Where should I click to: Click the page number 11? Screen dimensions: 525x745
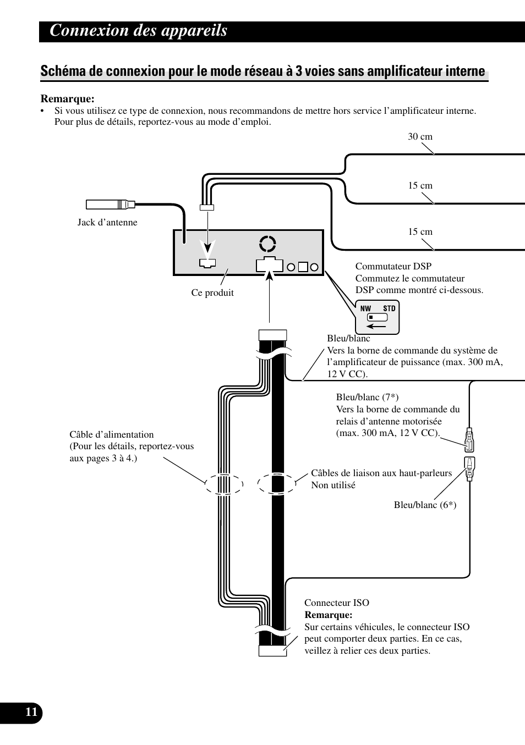point(31,713)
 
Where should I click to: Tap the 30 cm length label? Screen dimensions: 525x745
point(420,137)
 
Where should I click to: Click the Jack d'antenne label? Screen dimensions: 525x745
point(107,222)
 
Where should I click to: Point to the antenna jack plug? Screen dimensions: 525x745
point(111,204)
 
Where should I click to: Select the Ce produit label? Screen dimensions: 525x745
point(212,293)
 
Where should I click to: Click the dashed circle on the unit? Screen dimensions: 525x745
point(260,244)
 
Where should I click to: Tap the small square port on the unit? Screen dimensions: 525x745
point(303,267)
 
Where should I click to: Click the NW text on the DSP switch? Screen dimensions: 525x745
point(365,308)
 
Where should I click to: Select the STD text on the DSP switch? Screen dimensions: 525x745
point(389,308)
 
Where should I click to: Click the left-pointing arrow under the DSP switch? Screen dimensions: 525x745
point(376,326)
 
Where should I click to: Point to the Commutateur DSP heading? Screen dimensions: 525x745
point(393,266)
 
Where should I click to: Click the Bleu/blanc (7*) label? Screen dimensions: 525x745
point(367,397)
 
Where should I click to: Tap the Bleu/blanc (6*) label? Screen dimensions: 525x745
point(425,505)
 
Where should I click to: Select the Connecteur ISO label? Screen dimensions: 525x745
point(337,603)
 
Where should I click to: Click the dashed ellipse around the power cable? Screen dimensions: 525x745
point(205,484)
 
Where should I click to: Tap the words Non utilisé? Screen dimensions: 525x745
point(333,485)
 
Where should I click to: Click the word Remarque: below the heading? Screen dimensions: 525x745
point(68,99)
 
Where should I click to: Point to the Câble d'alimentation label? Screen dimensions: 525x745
point(112,435)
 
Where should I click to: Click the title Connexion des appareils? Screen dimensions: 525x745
point(138,31)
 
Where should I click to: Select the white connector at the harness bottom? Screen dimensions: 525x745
point(272,651)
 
